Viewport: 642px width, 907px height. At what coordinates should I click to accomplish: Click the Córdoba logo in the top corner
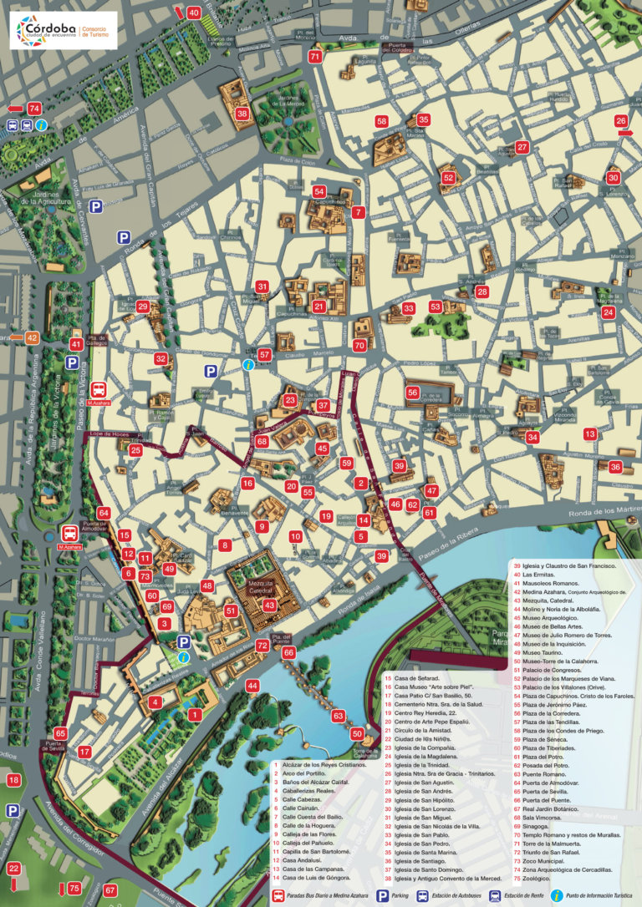62,30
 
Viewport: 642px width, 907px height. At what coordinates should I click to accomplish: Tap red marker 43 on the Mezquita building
269,605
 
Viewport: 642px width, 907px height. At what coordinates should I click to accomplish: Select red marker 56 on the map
413,392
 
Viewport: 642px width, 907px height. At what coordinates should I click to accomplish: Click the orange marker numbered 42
32,338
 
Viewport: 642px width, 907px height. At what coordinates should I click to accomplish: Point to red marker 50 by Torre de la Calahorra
357,734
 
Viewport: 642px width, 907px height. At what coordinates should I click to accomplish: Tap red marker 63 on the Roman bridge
338,716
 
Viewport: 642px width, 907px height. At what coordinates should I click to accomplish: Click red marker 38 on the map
242,114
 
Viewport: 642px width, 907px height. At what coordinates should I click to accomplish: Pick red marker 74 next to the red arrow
34,109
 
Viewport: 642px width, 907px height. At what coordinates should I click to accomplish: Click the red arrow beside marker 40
179,12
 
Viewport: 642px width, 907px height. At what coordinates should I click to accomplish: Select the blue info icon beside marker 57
247,365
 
